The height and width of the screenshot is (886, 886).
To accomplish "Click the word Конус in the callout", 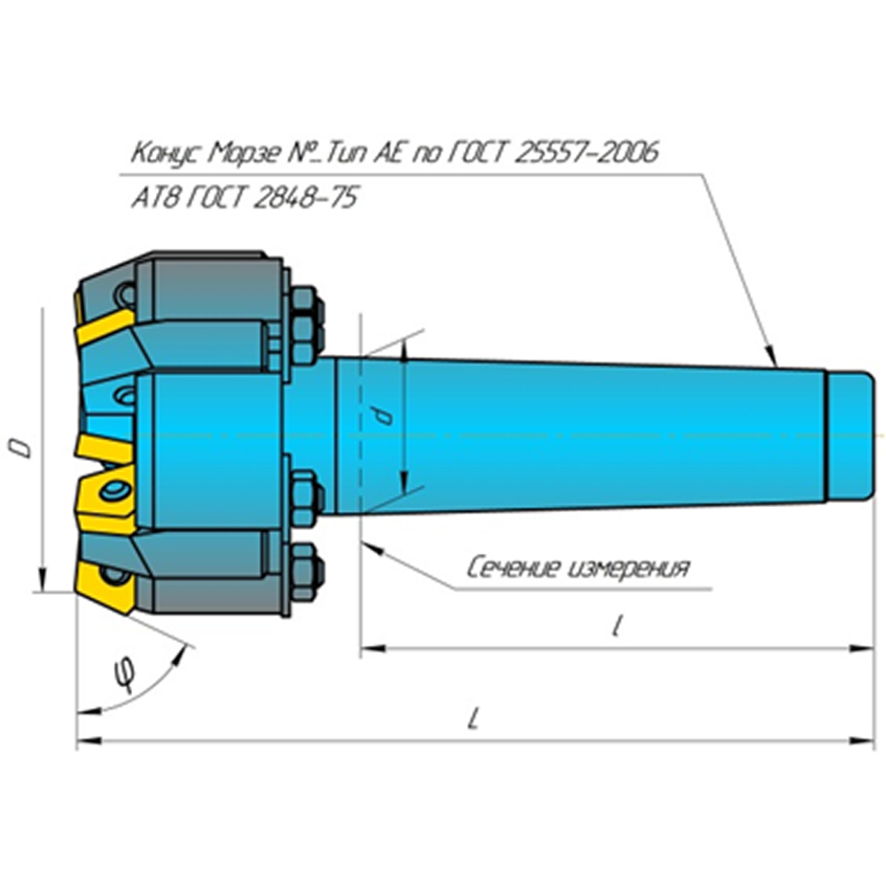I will tap(163, 154).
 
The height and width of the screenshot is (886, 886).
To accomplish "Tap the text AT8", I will tap(151, 198).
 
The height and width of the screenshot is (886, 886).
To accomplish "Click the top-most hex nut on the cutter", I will tap(302, 303).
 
